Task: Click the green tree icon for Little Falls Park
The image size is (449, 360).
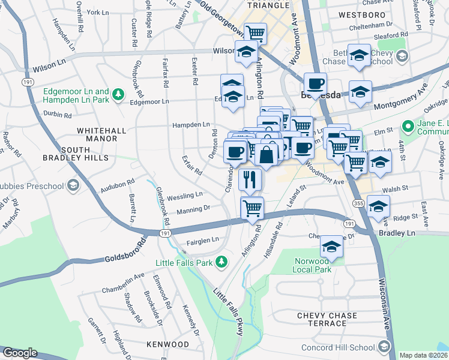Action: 221,262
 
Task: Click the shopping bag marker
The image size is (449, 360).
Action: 266,154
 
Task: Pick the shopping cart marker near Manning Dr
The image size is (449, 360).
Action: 252,208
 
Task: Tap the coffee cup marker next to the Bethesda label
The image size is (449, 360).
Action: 315,83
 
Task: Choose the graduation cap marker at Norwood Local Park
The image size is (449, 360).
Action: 331,246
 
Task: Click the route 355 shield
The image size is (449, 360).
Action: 358,203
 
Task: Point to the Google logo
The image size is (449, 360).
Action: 20,353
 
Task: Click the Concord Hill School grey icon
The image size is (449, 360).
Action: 384,347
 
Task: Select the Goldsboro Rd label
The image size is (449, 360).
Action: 125,251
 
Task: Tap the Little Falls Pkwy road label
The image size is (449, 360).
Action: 222,311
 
